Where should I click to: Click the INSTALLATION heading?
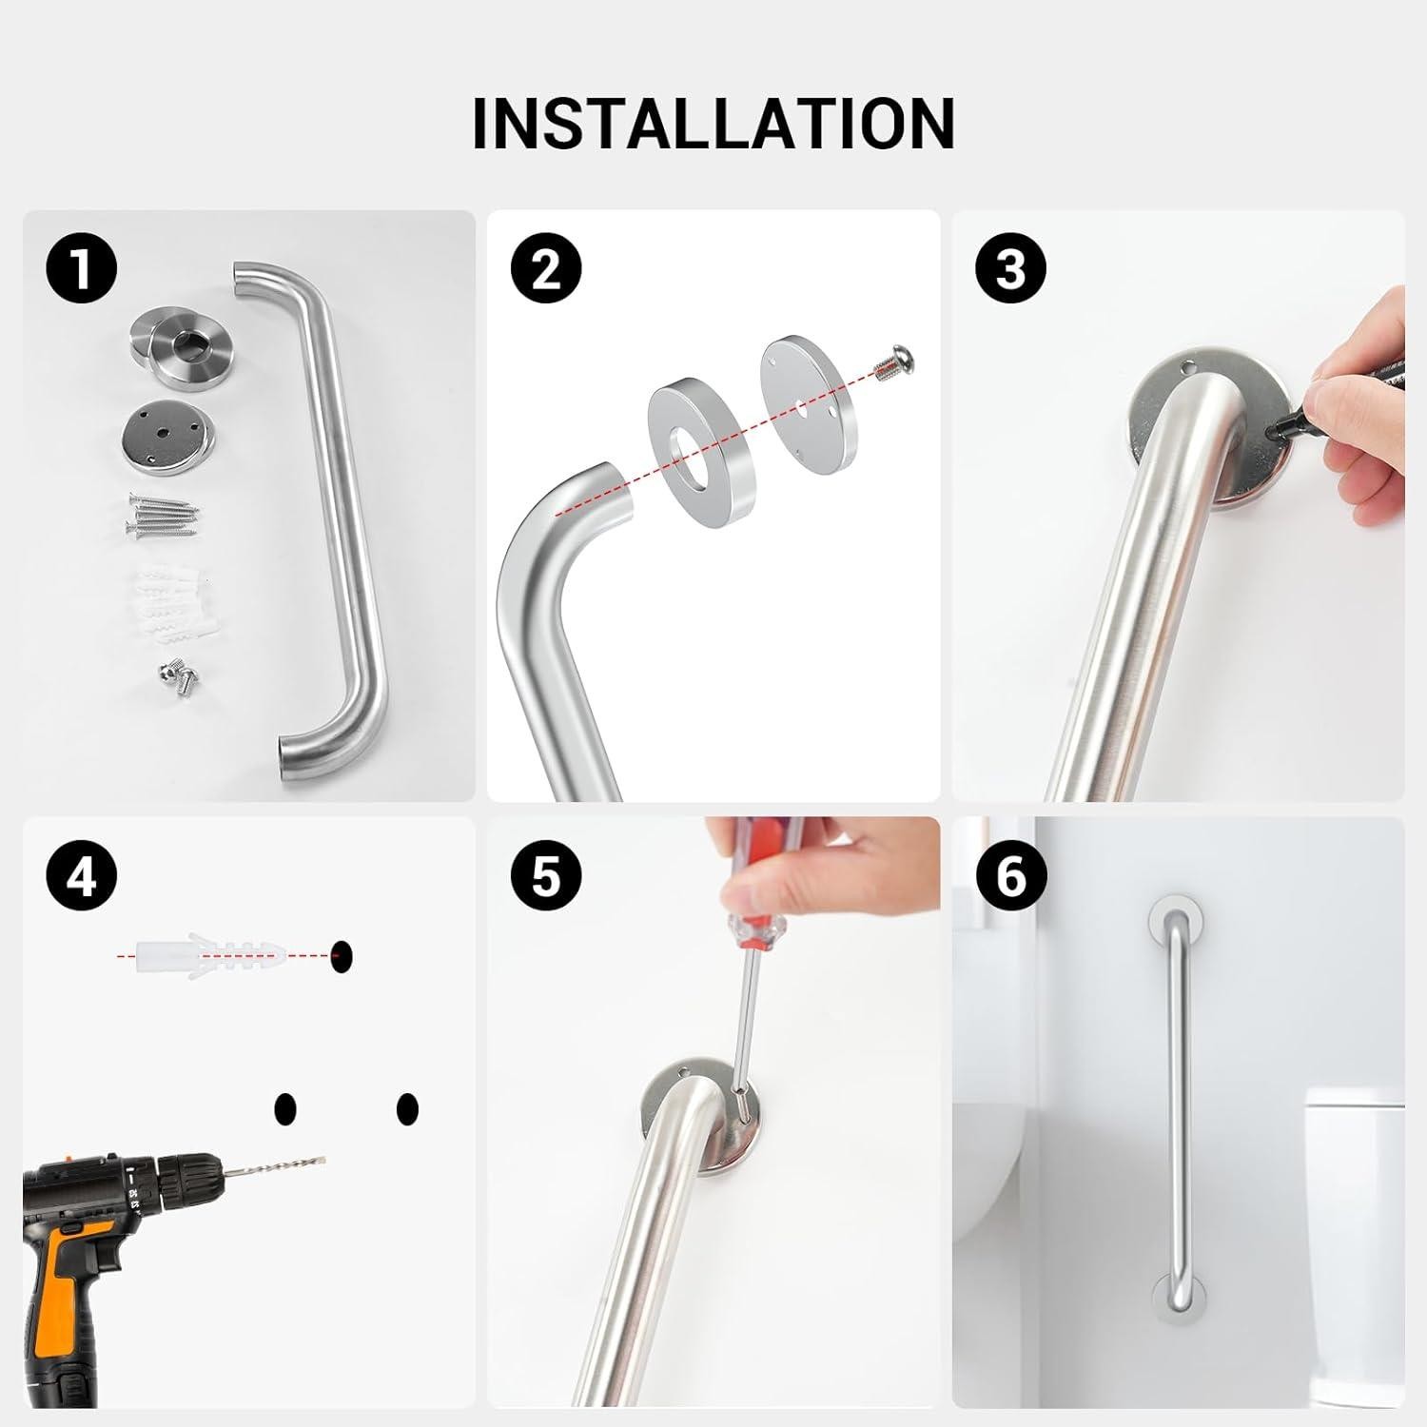tap(713, 124)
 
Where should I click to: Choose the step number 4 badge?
tap(82, 875)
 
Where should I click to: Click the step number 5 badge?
tap(546, 875)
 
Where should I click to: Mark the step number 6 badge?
tap(1010, 875)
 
